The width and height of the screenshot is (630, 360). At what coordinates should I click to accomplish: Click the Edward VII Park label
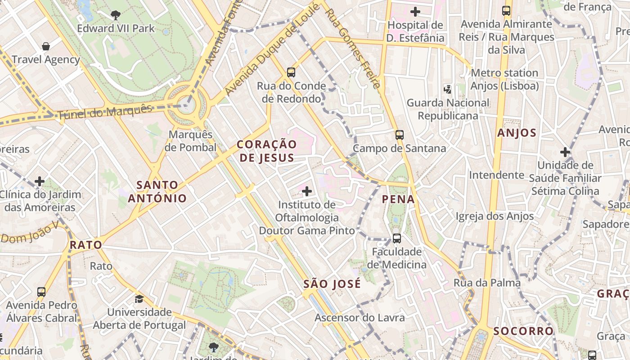(x=116, y=28)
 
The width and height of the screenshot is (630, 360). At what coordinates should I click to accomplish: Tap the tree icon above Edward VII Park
(x=116, y=15)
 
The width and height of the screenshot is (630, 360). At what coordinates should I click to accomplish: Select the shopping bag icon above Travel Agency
(x=45, y=46)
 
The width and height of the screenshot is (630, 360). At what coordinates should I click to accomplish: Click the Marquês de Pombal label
(x=190, y=141)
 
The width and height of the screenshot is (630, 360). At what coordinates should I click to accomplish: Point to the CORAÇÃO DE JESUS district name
(x=267, y=151)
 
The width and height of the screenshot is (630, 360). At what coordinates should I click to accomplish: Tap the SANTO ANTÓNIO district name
(x=157, y=192)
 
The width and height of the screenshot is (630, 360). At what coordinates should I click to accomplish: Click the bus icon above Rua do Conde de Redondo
(x=291, y=72)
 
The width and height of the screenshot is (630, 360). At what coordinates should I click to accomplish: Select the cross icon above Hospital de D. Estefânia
(x=415, y=12)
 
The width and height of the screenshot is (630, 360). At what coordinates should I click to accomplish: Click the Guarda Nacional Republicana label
(x=448, y=109)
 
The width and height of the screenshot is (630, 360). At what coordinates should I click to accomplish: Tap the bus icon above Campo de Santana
(x=399, y=135)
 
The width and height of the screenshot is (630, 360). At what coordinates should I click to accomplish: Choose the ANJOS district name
(x=517, y=133)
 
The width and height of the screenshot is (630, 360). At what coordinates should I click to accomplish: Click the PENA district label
(x=398, y=199)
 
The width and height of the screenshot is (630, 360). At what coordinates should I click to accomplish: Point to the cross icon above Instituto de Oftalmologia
(x=307, y=192)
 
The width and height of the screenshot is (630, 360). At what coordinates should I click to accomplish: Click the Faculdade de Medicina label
(x=396, y=258)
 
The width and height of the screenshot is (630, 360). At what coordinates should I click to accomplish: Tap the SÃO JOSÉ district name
(x=332, y=284)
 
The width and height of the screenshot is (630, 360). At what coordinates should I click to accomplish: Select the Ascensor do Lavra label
(x=360, y=318)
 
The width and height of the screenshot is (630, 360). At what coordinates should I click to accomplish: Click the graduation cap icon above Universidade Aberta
(x=139, y=299)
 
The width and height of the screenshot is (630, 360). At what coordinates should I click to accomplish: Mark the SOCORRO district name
(x=523, y=331)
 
